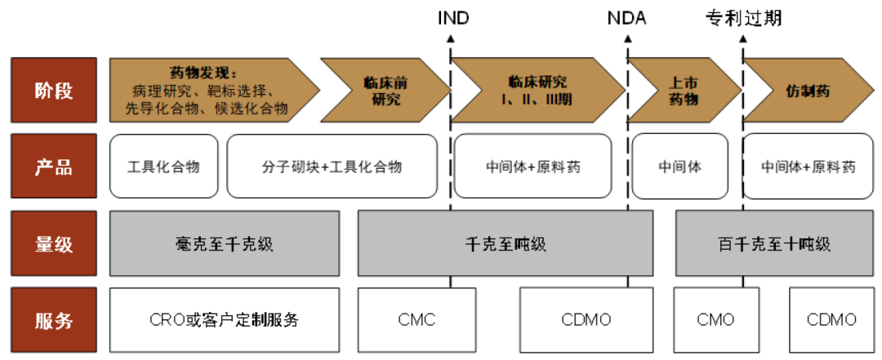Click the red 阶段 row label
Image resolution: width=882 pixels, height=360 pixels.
(54, 90)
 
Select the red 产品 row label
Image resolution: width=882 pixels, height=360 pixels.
(54, 167)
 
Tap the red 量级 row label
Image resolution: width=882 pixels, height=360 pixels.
(54, 243)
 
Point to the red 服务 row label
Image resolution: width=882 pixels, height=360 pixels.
(54, 320)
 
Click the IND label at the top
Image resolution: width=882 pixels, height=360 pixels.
(453, 18)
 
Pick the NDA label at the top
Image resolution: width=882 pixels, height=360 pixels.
(626, 18)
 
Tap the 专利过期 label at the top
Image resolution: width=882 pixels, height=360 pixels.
(743, 18)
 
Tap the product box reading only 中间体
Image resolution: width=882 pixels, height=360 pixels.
(679, 167)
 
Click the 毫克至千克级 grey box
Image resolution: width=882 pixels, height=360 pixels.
(224, 243)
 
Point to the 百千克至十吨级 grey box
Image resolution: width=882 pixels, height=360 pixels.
(773, 243)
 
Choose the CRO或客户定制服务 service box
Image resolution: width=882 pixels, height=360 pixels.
(224, 320)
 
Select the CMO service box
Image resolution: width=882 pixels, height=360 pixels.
(715, 320)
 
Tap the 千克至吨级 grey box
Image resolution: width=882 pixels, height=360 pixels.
(505, 243)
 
